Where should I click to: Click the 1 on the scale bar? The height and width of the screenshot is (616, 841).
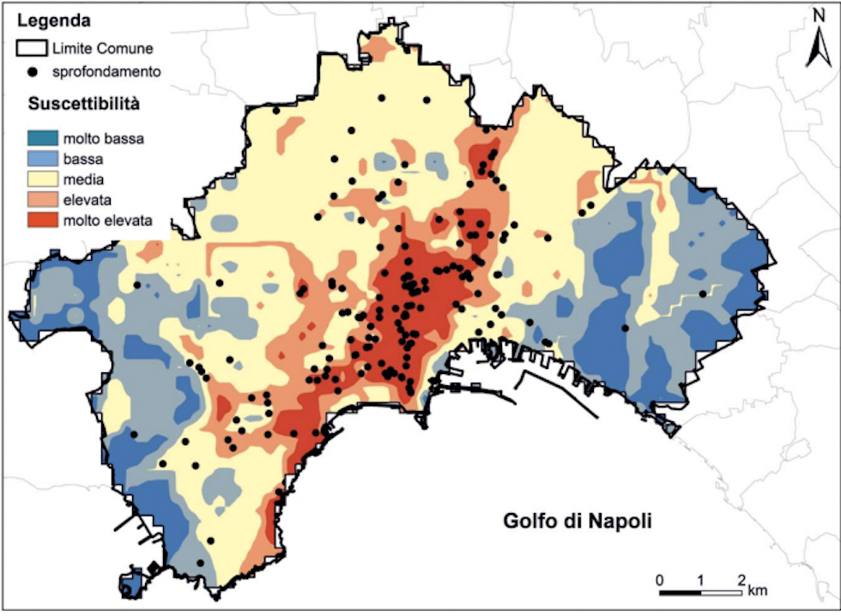[701, 578]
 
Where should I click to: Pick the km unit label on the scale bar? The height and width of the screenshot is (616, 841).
[757, 591]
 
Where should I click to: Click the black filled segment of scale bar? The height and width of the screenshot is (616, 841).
[680, 593]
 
